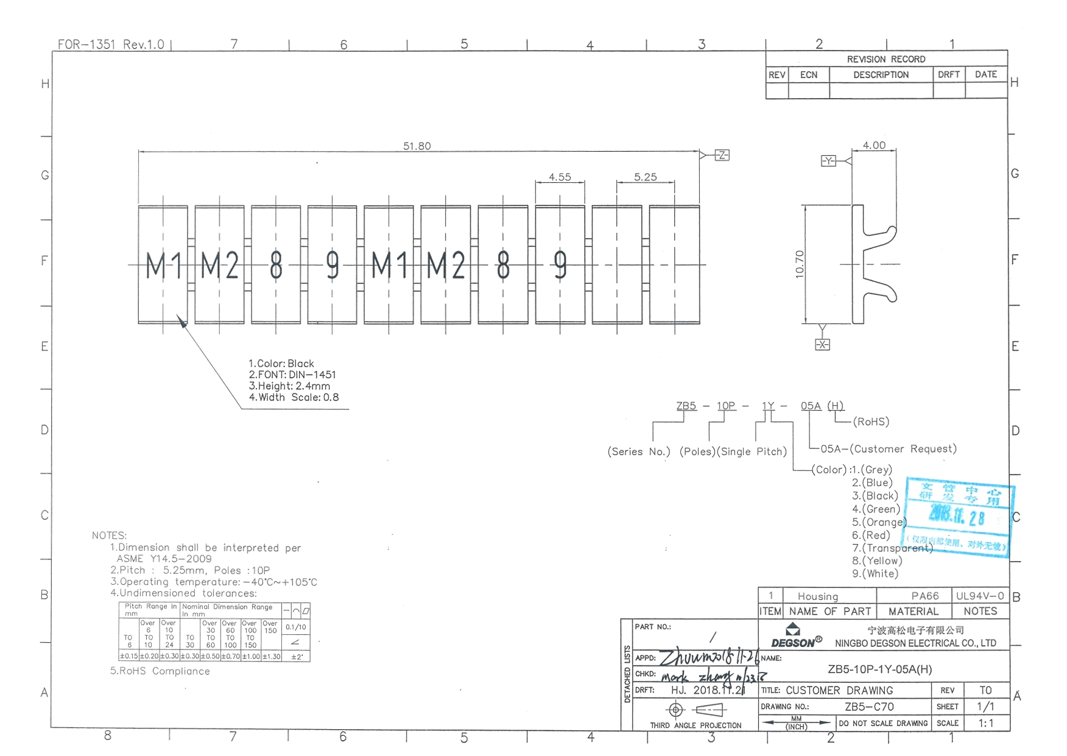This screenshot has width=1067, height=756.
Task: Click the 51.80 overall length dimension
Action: pos(417,146)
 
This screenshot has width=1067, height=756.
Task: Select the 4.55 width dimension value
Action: pos(560,177)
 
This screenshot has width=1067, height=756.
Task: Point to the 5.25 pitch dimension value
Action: pos(645,177)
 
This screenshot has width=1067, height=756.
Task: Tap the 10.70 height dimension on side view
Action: pos(800,264)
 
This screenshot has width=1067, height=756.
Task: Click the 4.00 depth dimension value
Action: pos(874,146)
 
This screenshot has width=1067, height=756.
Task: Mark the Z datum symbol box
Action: pos(722,155)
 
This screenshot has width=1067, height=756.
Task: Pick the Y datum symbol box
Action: pos(828,161)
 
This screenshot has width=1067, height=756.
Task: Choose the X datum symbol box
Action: pos(822,345)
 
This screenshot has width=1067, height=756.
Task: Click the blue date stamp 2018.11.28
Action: pos(956,517)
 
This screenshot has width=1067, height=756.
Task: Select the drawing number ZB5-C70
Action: pos(869,707)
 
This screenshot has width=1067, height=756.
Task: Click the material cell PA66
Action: pos(924,596)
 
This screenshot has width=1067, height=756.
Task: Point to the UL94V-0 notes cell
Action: pos(979,596)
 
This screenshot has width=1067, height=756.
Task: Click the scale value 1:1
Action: pos(985,723)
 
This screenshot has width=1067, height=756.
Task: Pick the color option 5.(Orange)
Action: pos(879,522)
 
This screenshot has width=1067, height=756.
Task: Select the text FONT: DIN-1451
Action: pos(292,375)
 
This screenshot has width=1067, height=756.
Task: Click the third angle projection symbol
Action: pos(694,710)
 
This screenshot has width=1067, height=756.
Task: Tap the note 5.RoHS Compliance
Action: pos(160,671)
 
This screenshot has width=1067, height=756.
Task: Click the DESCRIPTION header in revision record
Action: pos(881,75)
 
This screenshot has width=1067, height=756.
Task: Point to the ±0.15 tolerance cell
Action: pos(129,656)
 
